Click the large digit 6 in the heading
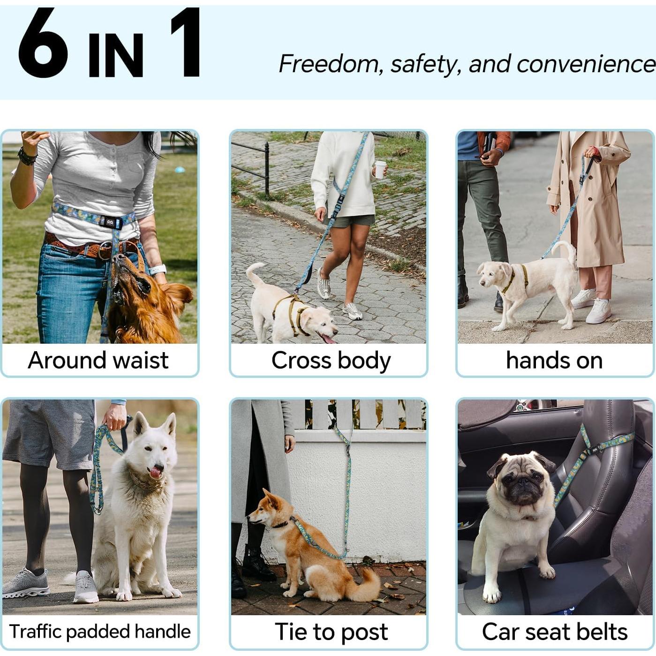[43, 43]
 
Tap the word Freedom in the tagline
[329, 64]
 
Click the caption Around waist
[98, 360]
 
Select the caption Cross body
[331, 361]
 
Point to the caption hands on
[554, 361]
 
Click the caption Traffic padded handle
[100, 632]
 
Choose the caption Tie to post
[331, 632]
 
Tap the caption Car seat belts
[555, 632]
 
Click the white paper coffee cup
[380, 169]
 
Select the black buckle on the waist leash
[110, 222]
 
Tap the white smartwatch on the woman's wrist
[158, 270]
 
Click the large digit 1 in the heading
[188, 43]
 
